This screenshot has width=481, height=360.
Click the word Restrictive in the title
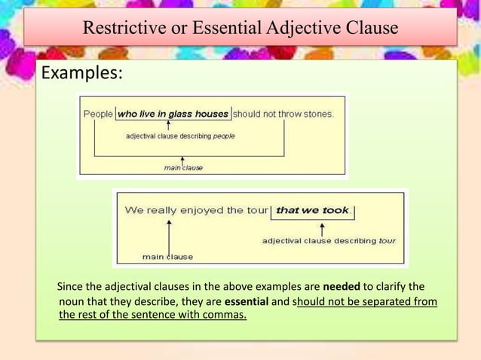pyautogui.click(x=121, y=29)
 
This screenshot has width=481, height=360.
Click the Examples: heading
pyautogui.click(x=82, y=74)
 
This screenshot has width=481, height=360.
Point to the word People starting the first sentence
pyautogui.click(x=98, y=114)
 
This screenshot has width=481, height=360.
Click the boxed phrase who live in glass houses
pyautogui.click(x=173, y=114)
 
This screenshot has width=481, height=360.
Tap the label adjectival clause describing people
pyautogui.click(x=180, y=136)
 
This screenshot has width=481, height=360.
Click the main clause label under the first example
pyautogui.click(x=183, y=168)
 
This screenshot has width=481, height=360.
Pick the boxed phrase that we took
pyautogui.click(x=312, y=210)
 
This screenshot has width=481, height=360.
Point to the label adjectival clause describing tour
pyautogui.click(x=329, y=241)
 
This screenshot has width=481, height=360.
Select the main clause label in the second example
pyautogui.click(x=167, y=257)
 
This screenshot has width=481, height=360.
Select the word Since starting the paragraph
pyautogui.click(x=72, y=287)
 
